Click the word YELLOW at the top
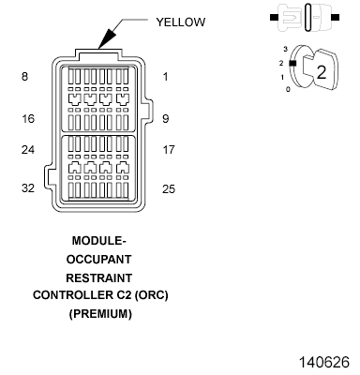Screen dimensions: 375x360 [181, 20]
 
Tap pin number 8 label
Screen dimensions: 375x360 [24, 76]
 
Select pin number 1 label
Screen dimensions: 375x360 [166, 76]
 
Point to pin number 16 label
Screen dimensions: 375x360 [28, 119]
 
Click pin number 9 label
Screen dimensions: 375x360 [166, 119]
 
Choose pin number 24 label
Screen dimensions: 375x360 [28, 148]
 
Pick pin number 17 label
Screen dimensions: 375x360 [169, 148]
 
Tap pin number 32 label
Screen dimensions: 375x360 [28, 188]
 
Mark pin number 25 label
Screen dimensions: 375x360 [169, 188]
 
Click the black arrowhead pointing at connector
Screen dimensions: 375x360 [106, 38]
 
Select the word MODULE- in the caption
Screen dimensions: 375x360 [98, 239]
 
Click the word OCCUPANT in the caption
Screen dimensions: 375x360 [98, 258]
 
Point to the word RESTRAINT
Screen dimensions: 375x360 [98, 277]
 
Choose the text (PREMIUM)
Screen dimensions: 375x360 [99, 314]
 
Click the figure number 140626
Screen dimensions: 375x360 [322, 360]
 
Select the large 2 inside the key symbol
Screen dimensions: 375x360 [321, 70]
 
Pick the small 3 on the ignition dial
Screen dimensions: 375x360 [285, 46]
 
